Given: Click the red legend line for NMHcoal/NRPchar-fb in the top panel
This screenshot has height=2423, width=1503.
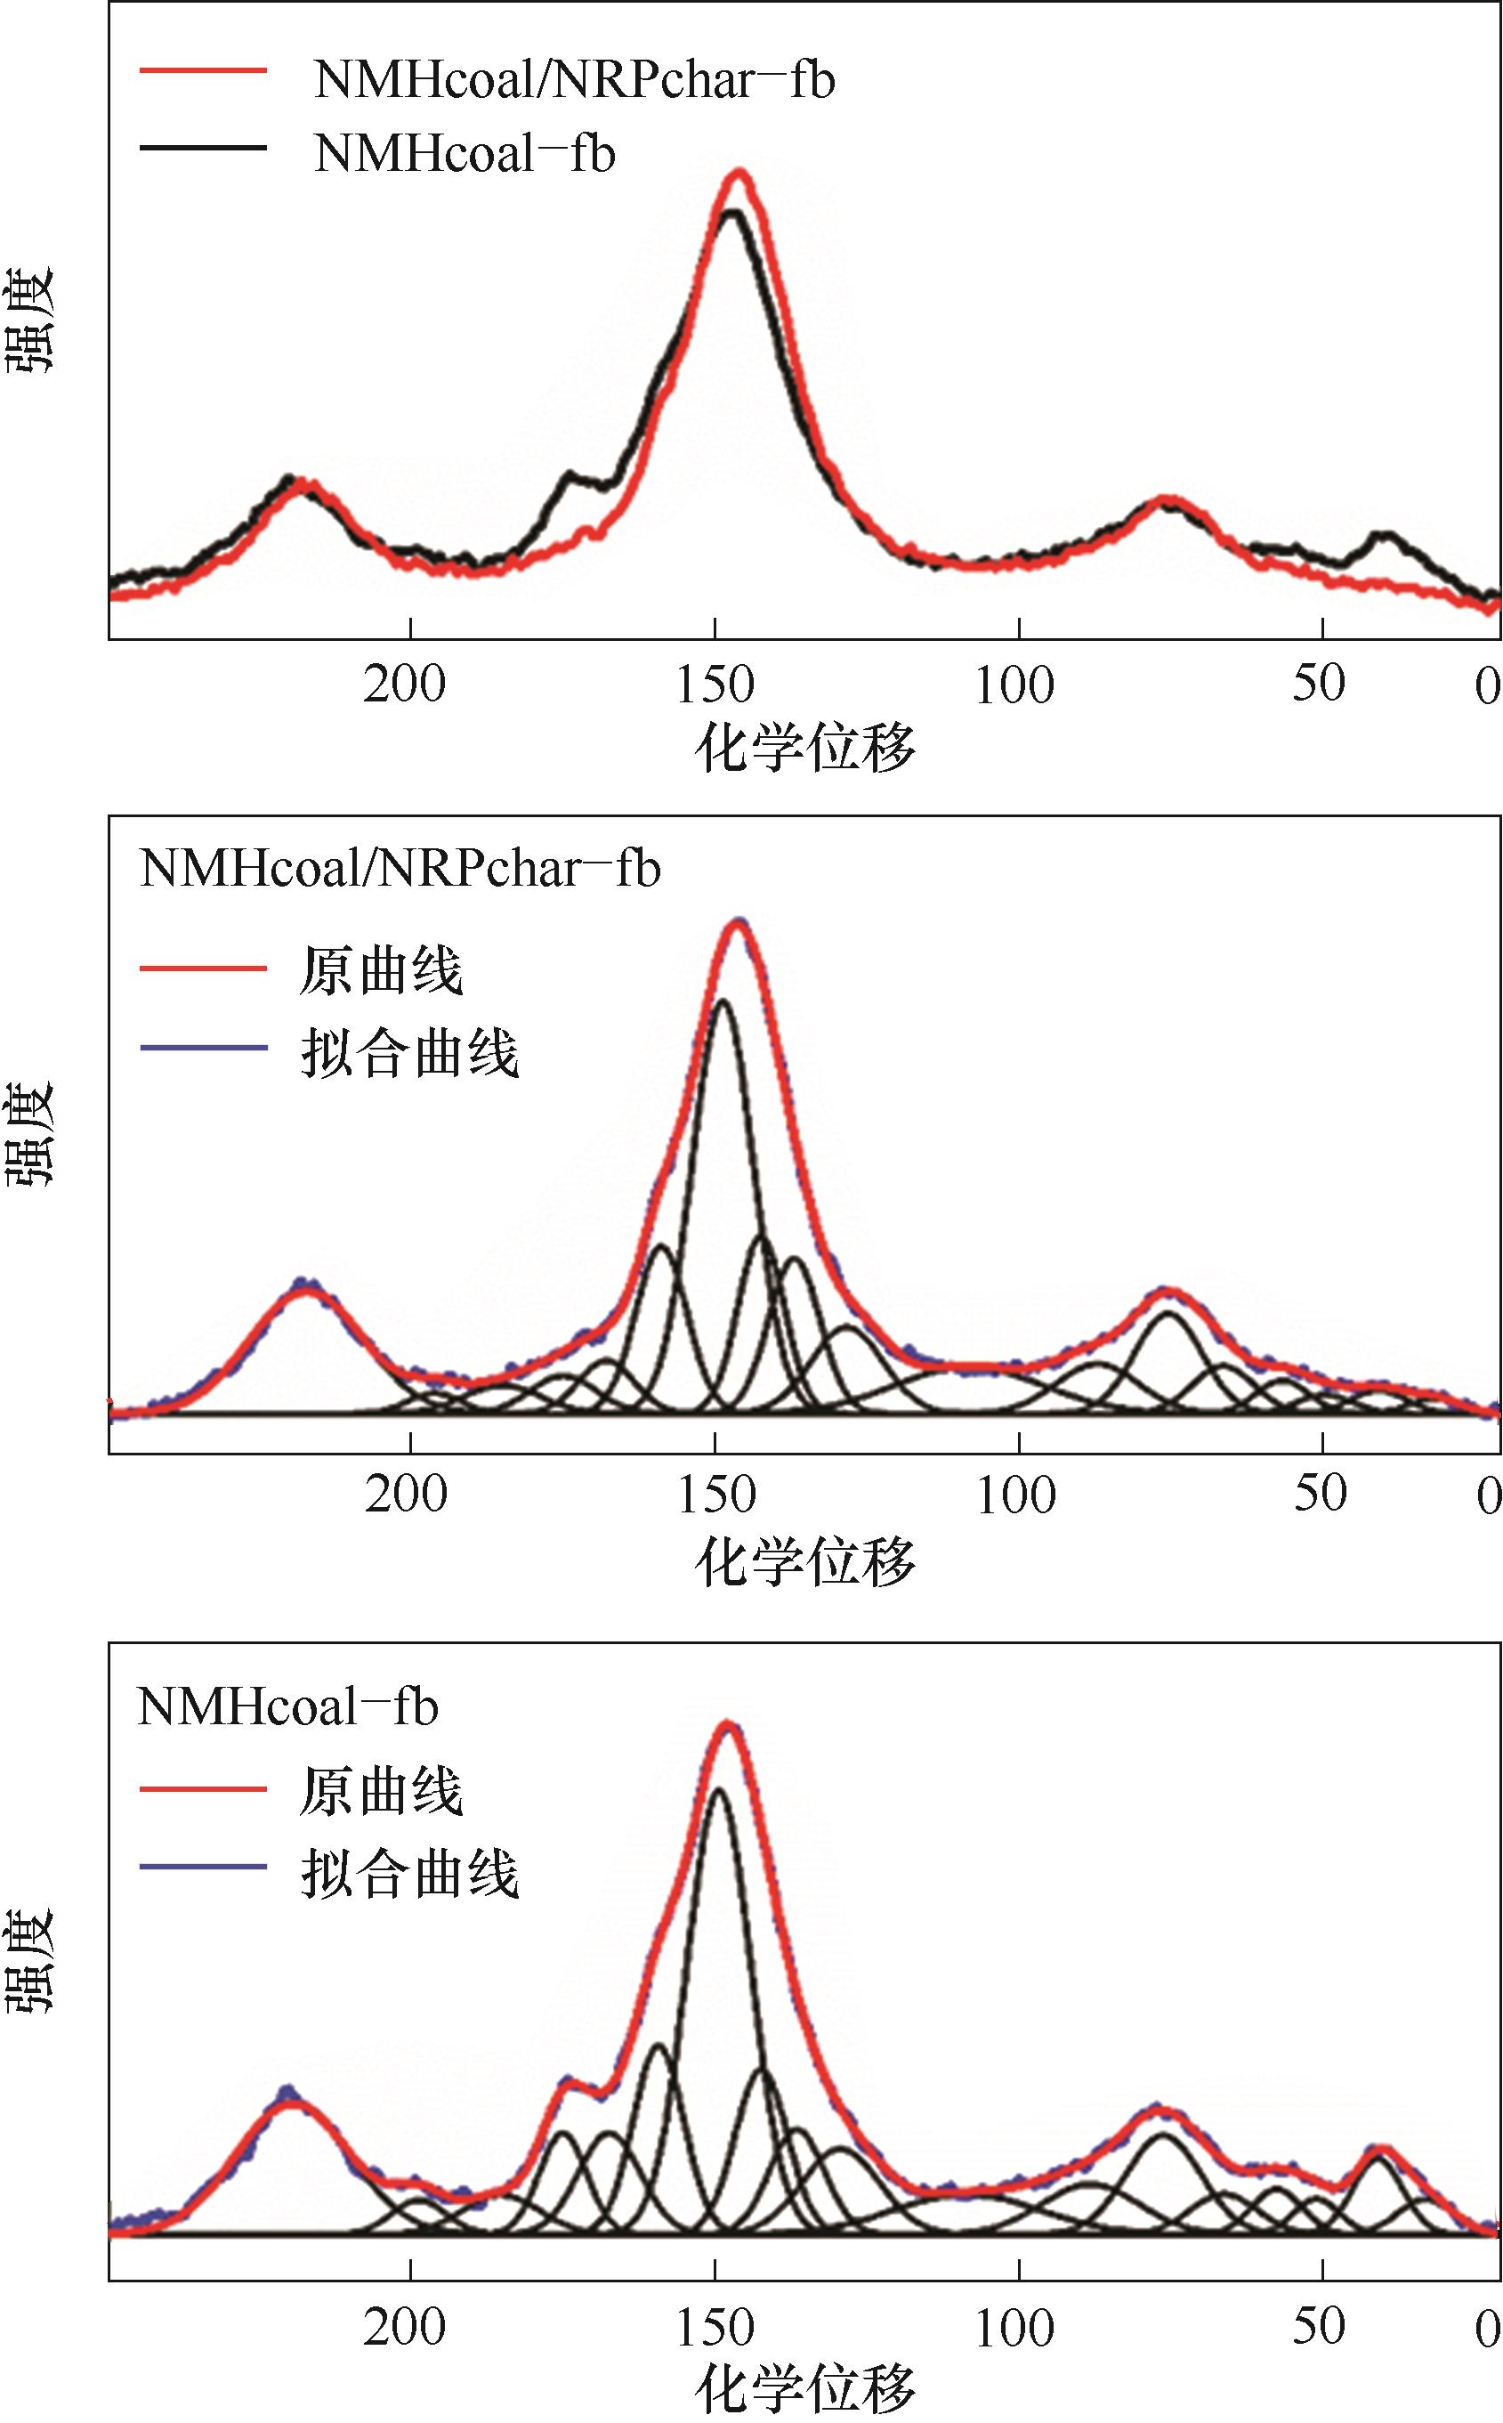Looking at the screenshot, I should [203, 70].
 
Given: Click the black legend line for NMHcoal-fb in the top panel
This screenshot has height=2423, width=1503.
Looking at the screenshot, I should [203, 147].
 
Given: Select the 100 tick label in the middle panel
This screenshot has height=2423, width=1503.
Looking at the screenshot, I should [1016, 1495].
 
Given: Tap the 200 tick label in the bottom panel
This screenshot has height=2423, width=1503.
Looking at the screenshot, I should [405, 2327].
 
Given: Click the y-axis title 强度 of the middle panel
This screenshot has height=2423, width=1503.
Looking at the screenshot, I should [32, 1133].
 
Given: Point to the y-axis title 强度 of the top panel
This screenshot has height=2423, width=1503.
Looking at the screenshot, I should [32, 320].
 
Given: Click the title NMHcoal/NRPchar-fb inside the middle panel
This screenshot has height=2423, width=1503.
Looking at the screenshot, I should [400, 869].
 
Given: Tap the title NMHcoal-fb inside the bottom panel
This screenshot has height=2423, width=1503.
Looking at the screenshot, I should [287, 1707].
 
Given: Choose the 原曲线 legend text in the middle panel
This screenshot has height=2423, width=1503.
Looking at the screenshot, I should [381, 969].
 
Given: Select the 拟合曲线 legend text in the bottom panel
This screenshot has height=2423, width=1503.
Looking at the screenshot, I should [409, 1876].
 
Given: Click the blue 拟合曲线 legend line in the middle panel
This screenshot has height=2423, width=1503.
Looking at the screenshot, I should [203, 1048].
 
